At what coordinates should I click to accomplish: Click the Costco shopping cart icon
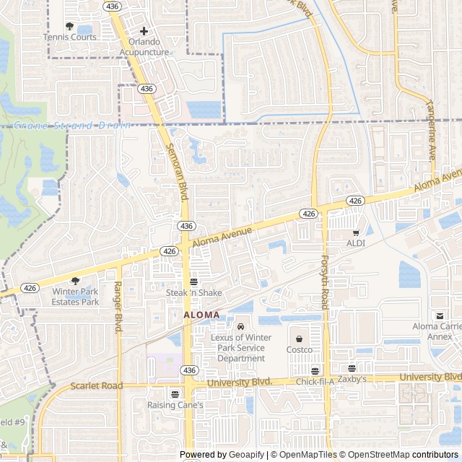(299, 338)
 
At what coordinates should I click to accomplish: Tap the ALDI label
(355, 243)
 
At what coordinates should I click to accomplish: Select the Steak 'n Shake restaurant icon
(193, 282)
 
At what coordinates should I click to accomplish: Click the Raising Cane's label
(175, 405)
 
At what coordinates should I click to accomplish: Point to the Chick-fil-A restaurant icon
(315, 370)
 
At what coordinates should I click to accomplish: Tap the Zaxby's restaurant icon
(352, 368)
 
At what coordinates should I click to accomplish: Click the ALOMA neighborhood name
(201, 315)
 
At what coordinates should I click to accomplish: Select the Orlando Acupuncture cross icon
(144, 31)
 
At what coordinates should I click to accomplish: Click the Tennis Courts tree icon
(69, 26)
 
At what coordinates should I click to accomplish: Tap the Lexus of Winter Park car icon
(241, 326)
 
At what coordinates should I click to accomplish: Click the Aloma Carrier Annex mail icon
(440, 315)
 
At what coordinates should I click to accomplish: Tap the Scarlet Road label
(97, 385)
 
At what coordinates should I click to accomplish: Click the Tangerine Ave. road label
(432, 131)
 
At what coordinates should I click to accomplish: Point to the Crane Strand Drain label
(72, 125)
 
